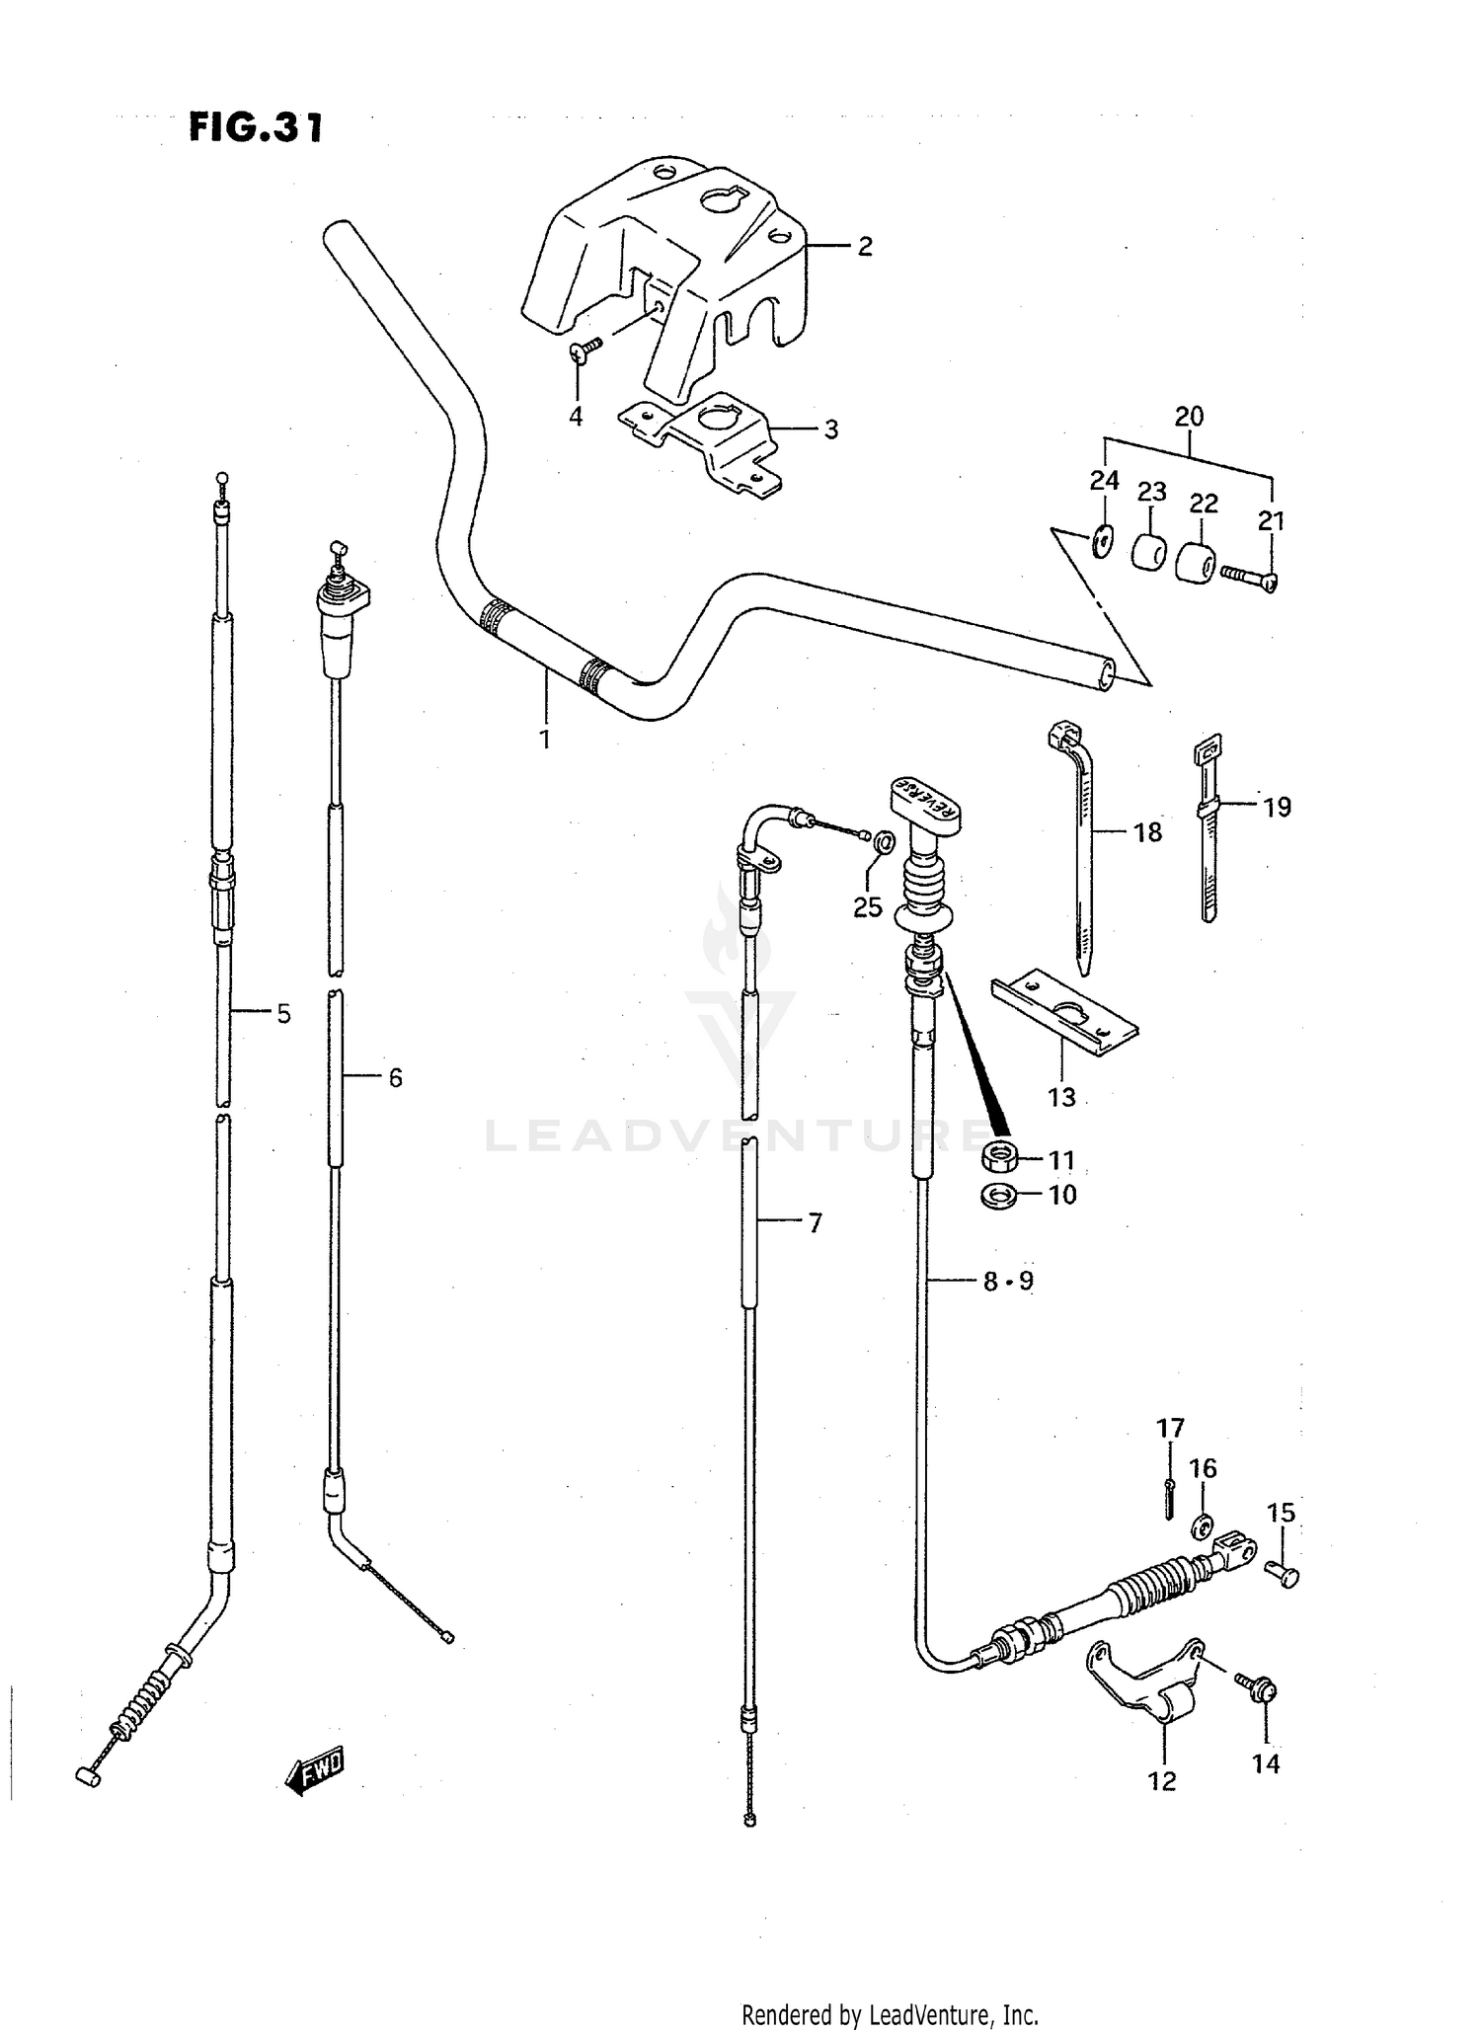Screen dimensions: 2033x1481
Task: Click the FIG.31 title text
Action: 256,128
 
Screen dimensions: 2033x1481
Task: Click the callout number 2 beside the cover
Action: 864,246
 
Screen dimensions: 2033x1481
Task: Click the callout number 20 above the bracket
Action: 1189,417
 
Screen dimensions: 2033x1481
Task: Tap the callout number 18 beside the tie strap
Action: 1147,832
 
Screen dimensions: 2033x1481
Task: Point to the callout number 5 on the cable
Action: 283,1013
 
